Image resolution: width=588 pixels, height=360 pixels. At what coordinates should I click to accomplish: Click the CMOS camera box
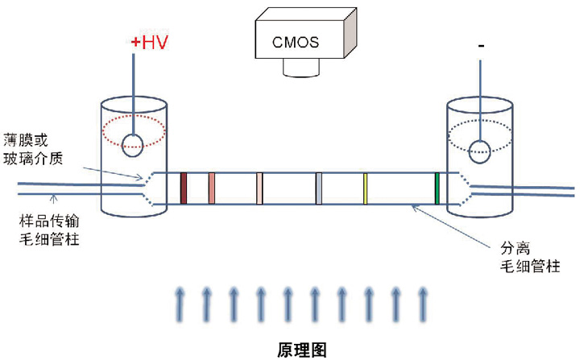pyautogui.click(x=296, y=40)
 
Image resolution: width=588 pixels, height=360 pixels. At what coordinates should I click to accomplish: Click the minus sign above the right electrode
pyautogui.click(x=481, y=47)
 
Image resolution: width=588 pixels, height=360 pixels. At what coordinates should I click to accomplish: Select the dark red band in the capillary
pyautogui.click(x=184, y=188)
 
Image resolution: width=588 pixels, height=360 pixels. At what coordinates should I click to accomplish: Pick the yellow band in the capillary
pyautogui.click(x=365, y=188)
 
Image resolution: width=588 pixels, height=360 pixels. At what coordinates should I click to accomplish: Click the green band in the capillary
pyautogui.click(x=437, y=188)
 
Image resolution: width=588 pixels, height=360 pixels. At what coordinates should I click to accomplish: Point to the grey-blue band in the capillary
pyautogui.click(x=319, y=188)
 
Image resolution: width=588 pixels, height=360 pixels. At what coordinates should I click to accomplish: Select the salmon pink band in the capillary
pyautogui.click(x=211, y=188)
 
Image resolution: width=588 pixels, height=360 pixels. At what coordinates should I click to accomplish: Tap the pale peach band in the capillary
pyautogui.click(x=259, y=188)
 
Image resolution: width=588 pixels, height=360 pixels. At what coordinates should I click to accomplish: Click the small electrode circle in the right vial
pyautogui.click(x=481, y=150)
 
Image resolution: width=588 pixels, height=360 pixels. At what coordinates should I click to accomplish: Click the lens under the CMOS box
pyautogui.click(x=302, y=71)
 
